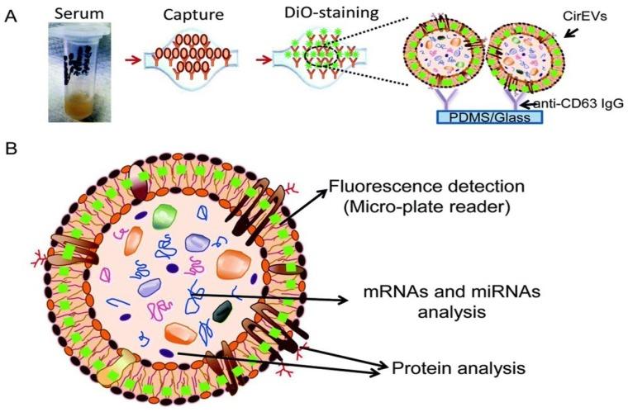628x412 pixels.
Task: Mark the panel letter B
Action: [x=11, y=151]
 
